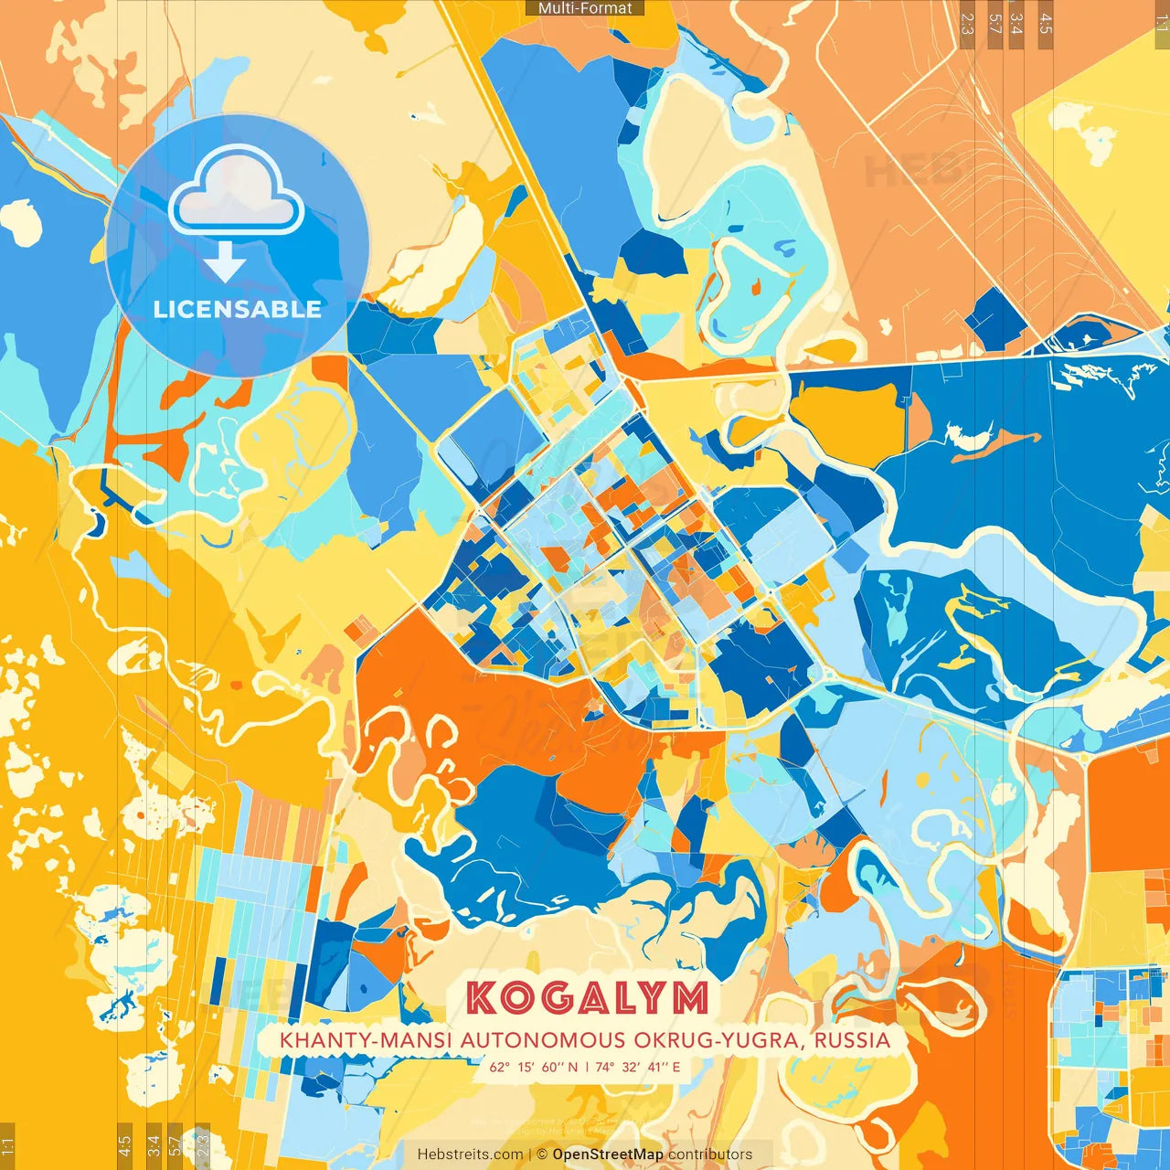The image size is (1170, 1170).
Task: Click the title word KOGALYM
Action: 587,998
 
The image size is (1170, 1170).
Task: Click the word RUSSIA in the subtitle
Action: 852,1040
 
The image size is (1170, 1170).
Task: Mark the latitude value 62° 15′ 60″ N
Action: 535,1067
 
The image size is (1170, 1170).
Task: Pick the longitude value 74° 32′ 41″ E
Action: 638,1067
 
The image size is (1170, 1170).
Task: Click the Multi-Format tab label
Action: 585,8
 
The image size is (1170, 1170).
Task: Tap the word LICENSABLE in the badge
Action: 238,309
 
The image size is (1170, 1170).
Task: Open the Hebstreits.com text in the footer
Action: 471,1154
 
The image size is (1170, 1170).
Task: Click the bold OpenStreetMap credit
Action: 608,1154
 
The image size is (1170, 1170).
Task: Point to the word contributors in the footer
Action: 710,1154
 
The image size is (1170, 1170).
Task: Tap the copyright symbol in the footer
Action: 541,1154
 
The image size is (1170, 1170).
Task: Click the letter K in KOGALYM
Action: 482,998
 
